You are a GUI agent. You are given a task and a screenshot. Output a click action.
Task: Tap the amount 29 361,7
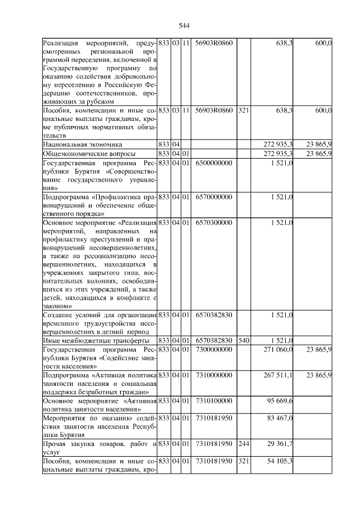coord(279,444)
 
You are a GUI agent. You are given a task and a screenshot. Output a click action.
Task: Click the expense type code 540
coord(243,340)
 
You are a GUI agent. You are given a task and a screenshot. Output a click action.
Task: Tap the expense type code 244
coord(243,444)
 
